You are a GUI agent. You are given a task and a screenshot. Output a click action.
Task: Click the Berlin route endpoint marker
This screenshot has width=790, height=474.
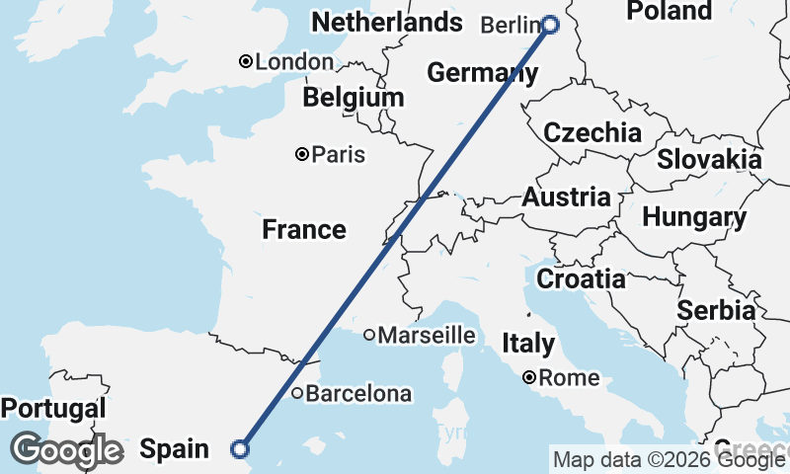click(x=550, y=25)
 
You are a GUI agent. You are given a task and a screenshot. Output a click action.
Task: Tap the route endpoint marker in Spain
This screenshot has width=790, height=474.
click(x=239, y=449)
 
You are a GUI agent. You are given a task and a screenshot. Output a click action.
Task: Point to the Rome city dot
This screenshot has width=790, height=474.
click(x=530, y=377)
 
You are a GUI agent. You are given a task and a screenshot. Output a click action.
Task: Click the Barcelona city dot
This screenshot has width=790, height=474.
click(x=297, y=393)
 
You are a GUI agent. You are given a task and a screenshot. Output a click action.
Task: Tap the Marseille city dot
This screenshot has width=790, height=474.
click(x=369, y=335)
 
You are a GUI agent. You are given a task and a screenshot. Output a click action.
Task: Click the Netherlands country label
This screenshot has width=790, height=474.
click(x=386, y=22)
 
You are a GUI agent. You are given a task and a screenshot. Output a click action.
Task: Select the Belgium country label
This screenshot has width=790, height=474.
click(x=354, y=97)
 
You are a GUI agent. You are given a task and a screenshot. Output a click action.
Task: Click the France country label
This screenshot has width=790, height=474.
click(x=304, y=230)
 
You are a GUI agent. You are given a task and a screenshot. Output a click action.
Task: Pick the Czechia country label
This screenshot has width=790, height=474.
click(x=592, y=132)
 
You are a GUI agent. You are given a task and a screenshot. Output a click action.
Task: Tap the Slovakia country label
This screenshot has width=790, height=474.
click(x=709, y=159)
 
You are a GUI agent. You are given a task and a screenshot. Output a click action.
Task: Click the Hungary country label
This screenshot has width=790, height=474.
click(x=694, y=217)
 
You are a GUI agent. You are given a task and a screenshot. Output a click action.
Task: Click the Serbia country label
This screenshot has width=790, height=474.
click(x=716, y=310)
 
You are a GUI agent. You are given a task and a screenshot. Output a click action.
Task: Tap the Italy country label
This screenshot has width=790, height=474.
click(x=528, y=344)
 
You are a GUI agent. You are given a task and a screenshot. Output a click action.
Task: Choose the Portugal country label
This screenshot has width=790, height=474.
click(x=53, y=408)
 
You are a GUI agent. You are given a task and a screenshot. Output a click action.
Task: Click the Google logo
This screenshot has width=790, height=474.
click(x=67, y=450)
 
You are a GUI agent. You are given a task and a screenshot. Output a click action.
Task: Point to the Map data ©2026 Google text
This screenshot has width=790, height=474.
click(x=669, y=459)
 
